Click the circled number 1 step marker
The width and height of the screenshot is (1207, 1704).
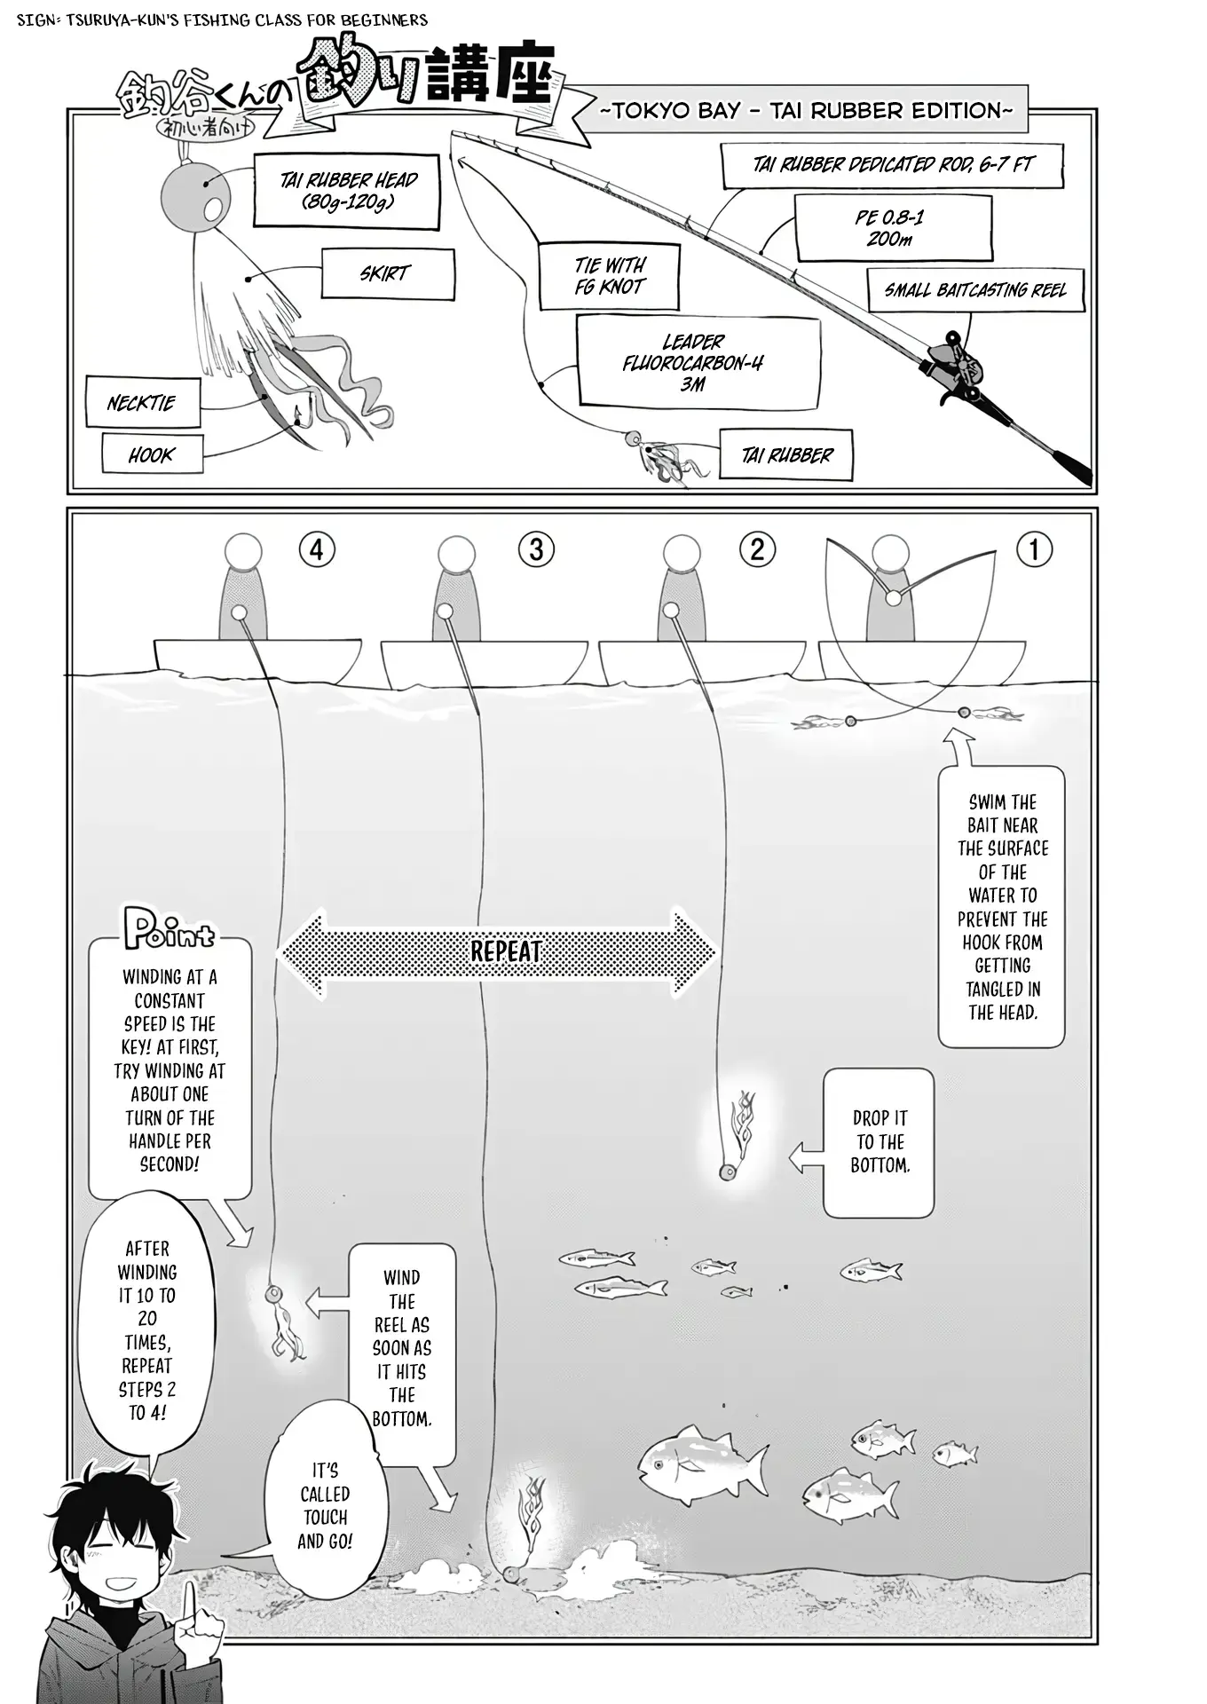tap(1033, 549)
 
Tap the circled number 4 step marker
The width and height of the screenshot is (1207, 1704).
tap(317, 550)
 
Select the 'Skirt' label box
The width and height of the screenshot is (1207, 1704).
tap(388, 273)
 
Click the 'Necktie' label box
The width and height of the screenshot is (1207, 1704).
tap(142, 403)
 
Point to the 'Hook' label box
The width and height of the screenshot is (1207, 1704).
tap(152, 455)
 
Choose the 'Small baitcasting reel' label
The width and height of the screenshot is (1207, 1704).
tap(975, 290)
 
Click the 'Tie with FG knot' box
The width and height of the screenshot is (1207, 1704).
tap(610, 276)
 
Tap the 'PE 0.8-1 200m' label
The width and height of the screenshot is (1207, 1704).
tap(892, 228)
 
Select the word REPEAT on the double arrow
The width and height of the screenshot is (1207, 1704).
tap(504, 952)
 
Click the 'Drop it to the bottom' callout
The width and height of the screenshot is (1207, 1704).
tap(879, 1142)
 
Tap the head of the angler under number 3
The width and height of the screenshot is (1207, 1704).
tap(456, 555)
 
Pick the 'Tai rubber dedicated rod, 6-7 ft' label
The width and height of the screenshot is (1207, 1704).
tap(892, 165)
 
